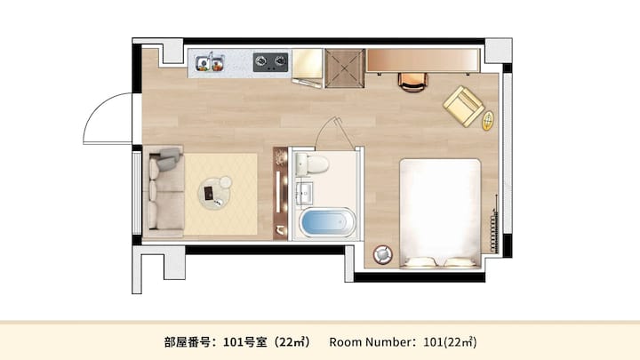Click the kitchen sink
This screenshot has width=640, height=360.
(x=210, y=62)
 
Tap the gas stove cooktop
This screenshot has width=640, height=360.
(x=270, y=62)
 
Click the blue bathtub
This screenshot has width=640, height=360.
(x=327, y=222)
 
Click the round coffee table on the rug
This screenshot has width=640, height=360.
(x=215, y=193)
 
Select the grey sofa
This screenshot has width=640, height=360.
(x=164, y=192)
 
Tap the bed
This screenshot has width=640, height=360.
(x=440, y=213)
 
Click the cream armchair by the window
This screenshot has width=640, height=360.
(x=463, y=106)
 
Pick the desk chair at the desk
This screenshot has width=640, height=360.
(x=412, y=82)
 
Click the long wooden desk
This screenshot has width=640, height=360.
(x=423, y=60)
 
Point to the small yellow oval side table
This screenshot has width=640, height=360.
(x=487, y=121)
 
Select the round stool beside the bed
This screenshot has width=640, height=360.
(x=383, y=254)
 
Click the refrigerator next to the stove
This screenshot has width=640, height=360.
(x=308, y=66)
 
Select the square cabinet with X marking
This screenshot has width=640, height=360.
(x=345, y=68)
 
